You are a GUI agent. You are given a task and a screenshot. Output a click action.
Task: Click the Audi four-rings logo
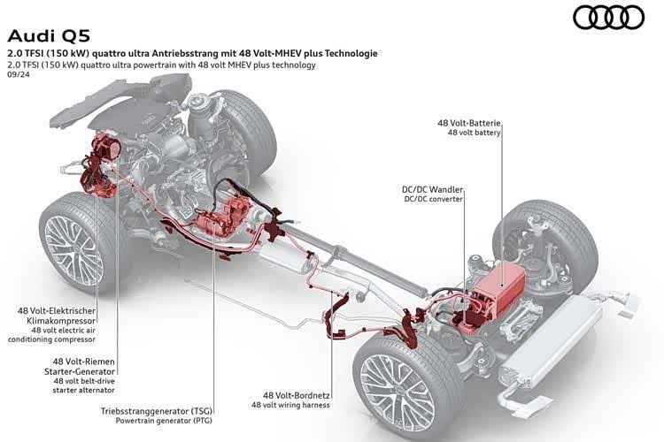[608, 18]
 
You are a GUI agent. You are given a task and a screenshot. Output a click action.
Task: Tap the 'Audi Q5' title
[49, 36]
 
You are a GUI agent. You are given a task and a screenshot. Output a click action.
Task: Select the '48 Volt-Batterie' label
[468, 123]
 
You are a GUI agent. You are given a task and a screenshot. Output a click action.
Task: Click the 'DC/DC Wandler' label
[432, 189]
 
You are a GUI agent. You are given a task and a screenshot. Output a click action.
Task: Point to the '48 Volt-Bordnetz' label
[297, 395]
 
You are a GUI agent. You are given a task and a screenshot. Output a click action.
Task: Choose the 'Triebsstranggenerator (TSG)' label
[156, 411]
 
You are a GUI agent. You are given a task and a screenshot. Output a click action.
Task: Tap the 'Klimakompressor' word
[61, 321]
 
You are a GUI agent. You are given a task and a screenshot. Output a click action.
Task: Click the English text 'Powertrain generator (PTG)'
[164, 421]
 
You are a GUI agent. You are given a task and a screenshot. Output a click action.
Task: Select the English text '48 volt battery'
[475, 133]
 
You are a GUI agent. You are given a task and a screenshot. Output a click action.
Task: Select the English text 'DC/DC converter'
[434, 199]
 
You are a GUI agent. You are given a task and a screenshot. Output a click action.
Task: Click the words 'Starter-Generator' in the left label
[80, 371]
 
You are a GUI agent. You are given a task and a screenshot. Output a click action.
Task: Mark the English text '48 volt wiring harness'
[290, 405]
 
